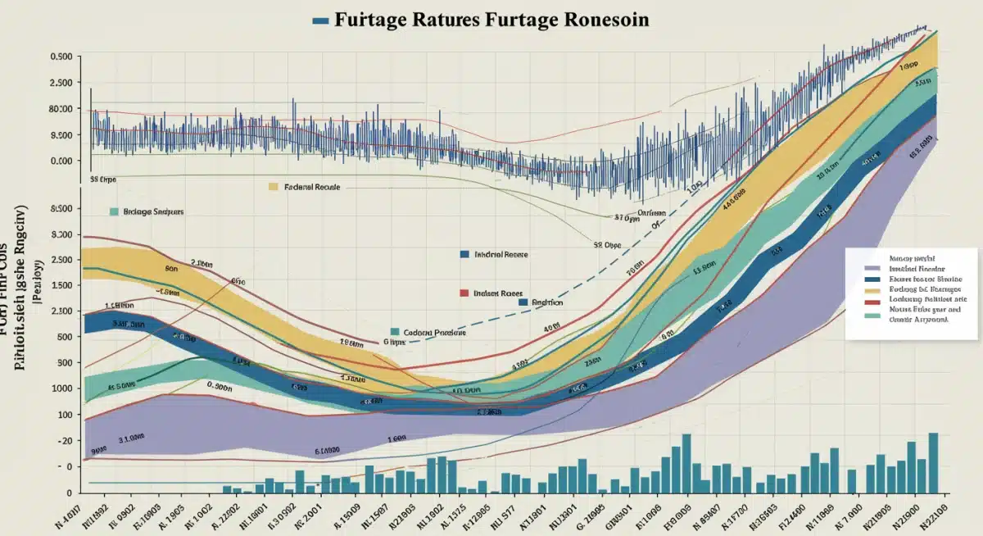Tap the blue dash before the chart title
point(321,20)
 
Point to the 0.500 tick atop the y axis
point(61,57)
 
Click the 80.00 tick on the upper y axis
point(61,109)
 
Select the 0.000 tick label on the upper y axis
point(61,161)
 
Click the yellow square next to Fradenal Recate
point(274,187)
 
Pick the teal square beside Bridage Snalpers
point(115,211)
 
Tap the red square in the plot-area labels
point(464,292)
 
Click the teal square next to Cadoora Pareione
point(395,332)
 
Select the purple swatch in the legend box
point(872,268)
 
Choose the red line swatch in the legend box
point(872,302)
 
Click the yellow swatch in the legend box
point(872,290)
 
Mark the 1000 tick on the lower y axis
point(61,388)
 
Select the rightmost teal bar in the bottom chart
point(933,462)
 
